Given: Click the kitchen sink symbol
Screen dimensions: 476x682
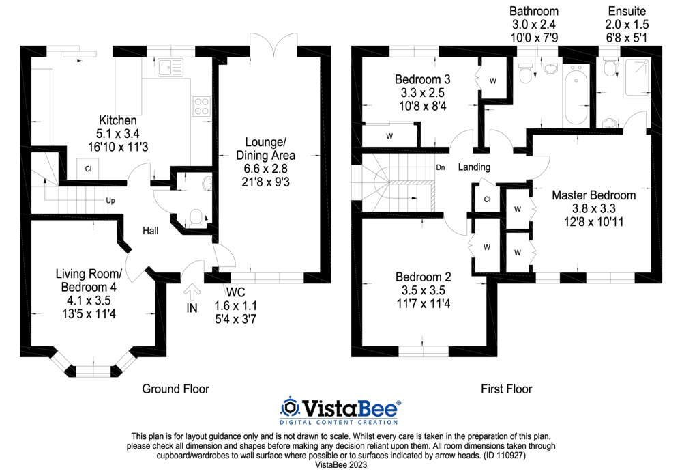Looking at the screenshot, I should (169, 67).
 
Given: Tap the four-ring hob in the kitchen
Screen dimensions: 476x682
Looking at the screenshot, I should (202, 106).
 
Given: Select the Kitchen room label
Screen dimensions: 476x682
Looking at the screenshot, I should (113, 120).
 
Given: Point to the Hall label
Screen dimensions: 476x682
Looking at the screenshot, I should (150, 231).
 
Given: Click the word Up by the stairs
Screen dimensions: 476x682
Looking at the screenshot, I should (109, 201).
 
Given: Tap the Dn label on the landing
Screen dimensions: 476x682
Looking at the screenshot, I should (441, 167).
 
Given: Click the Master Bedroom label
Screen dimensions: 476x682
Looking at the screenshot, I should (593, 195).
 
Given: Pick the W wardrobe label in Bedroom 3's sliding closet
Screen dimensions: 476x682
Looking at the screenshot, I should (389, 136).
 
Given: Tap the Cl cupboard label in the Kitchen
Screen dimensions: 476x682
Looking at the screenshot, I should (89, 169).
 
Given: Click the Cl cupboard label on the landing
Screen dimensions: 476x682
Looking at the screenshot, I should (487, 199).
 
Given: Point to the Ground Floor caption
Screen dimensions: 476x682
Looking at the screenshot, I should (175, 389).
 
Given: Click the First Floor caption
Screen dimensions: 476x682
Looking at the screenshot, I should (506, 389).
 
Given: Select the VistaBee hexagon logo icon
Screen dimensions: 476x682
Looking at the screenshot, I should (291, 408).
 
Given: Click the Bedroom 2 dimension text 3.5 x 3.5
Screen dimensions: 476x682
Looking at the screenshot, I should (424, 290).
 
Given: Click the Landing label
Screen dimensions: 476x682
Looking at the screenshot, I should (474, 167).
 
